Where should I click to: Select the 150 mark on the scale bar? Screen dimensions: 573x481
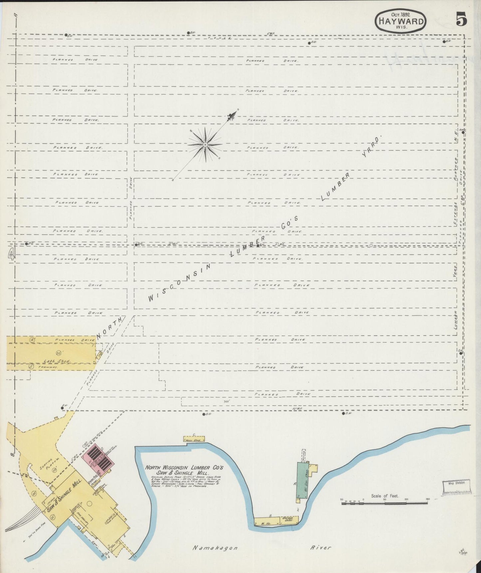pyautogui.click(x=427, y=500)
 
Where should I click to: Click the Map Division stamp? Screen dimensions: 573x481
pyautogui.click(x=456, y=484)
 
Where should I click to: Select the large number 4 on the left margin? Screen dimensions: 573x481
pyautogui.click(x=12, y=254)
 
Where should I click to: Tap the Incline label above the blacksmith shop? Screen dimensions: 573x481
pyautogui.click(x=304, y=455)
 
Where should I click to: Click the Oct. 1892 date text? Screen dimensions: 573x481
pyautogui.click(x=401, y=14)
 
